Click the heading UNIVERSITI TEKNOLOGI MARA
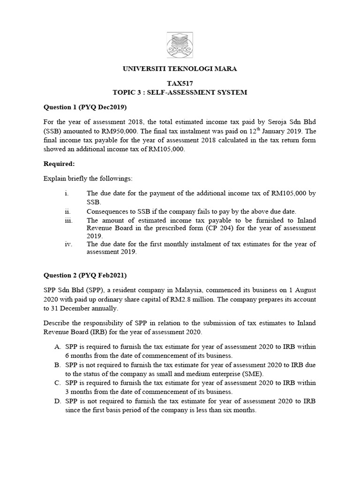click(x=180, y=69)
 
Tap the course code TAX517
click(x=180, y=83)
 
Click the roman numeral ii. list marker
click(x=67, y=211)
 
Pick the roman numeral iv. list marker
click(x=68, y=244)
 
